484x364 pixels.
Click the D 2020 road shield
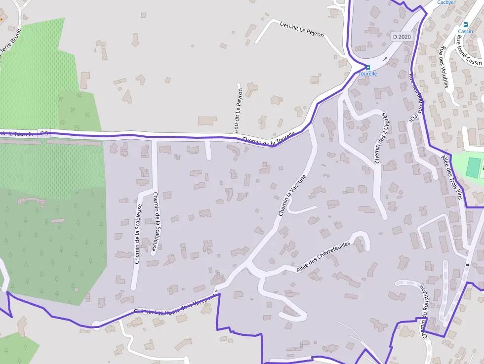[402, 37]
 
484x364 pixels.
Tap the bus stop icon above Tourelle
[367, 68]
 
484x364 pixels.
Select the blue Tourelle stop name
[367, 74]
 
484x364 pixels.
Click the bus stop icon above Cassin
[465, 25]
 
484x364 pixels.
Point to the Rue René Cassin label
[469, 50]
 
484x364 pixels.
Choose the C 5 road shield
[44, 133]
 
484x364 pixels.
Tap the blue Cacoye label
[445, 2]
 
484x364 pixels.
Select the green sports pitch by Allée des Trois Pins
[473, 168]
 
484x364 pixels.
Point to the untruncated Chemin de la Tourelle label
[269, 139]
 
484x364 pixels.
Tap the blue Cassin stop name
[465, 31]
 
